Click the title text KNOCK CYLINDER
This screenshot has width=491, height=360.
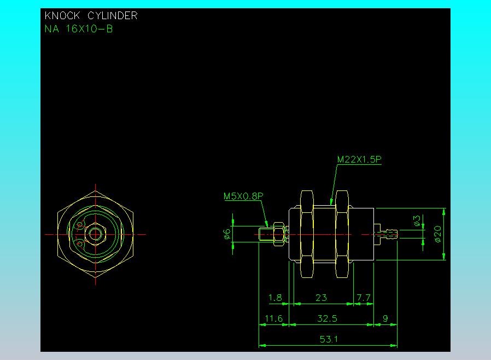pos(91,16)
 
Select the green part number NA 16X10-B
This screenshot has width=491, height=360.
pos(79,29)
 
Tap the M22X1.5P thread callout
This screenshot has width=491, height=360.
pos(359,159)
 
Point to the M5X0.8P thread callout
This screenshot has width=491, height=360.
pos(243,196)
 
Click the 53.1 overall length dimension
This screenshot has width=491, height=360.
pos(329,339)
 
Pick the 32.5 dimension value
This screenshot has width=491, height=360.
pos(327,318)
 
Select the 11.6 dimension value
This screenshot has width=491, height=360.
pos(274,318)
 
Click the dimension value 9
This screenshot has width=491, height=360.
pos(385,318)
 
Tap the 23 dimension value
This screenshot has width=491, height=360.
pos(322,297)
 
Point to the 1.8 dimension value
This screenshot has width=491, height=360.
pos(275,297)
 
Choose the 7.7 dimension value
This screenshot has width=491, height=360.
pos(364,297)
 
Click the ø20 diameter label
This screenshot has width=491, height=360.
pos(438,234)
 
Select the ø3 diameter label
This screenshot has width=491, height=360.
pos(417,220)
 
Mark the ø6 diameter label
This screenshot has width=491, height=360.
pos(227,234)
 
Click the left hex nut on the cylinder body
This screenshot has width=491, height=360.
pos(307,234)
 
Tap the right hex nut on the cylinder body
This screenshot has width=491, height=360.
pos(342,234)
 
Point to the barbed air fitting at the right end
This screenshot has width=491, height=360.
pos(386,234)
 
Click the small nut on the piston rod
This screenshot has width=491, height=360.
pos(279,234)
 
